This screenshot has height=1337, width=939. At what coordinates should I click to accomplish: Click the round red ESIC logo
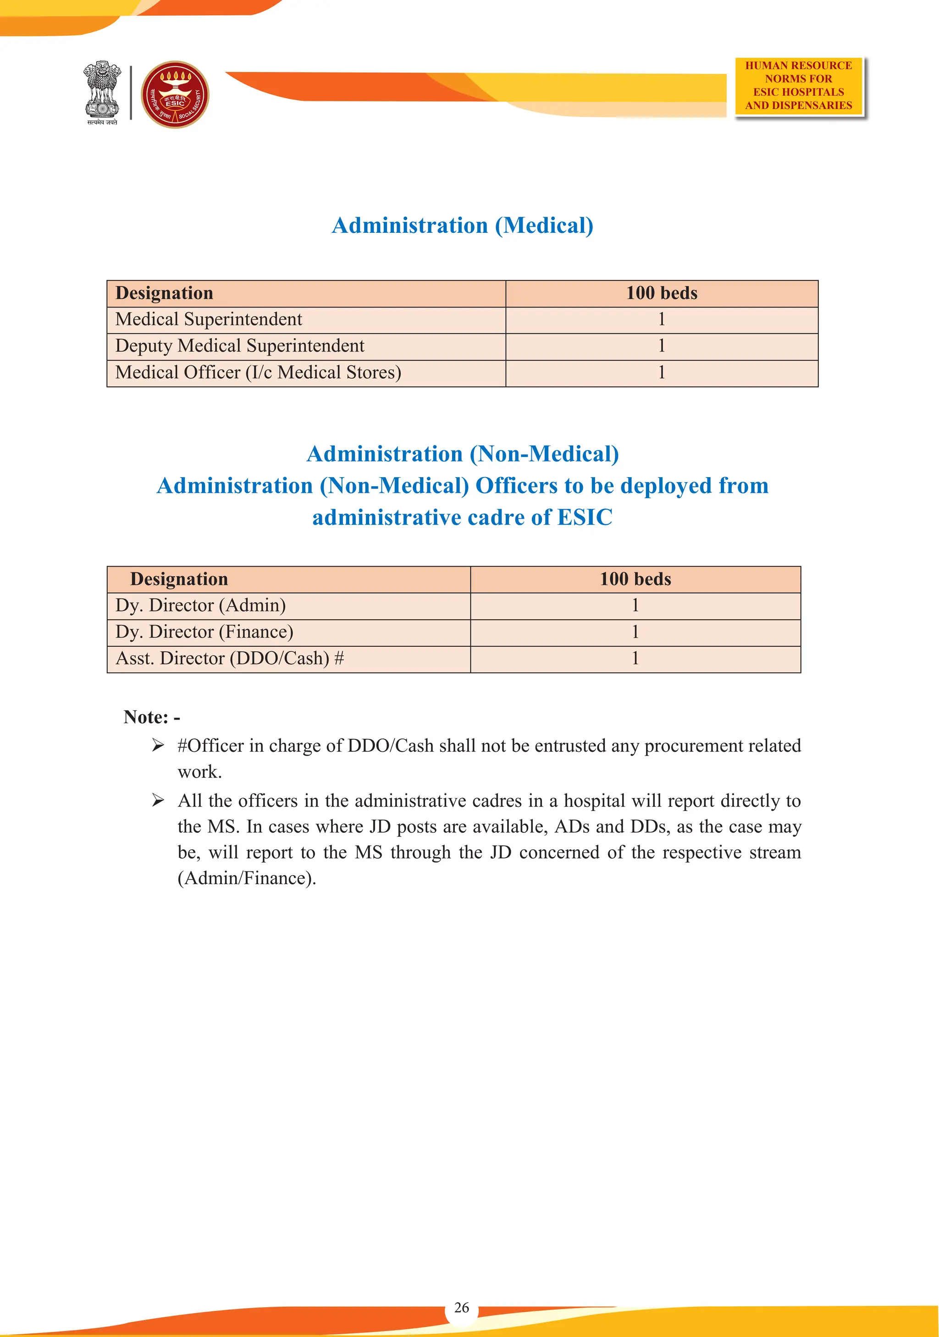(175, 94)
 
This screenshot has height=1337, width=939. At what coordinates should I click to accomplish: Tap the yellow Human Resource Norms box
(798, 86)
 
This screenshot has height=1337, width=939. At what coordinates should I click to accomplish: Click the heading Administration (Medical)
(463, 226)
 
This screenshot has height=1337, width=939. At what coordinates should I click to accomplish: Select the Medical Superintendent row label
(209, 319)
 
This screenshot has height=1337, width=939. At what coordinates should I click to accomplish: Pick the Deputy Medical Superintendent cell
(239, 346)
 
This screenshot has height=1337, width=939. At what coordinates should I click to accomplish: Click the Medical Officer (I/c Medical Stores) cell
(258, 373)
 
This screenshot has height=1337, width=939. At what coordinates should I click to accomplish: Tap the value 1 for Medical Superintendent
(661, 319)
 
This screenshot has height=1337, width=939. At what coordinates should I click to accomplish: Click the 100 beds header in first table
(661, 293)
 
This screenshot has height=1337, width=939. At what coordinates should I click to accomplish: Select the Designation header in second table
(179, 579)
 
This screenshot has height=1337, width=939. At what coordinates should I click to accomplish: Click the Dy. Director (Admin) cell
(200, 605)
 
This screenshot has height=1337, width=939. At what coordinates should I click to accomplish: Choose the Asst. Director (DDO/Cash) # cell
(230, 659)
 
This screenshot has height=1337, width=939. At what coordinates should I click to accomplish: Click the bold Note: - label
(151, 717)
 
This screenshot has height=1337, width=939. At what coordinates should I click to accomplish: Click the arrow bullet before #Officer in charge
(158, 745)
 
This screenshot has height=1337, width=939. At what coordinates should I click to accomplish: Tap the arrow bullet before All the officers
(158, 801)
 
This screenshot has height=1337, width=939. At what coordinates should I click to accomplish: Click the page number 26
(461, 1307)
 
